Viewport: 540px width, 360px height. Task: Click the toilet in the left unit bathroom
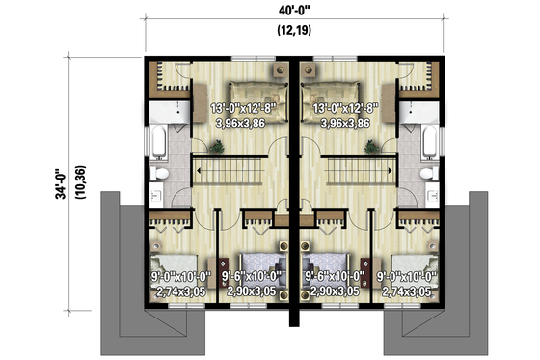[163, 174]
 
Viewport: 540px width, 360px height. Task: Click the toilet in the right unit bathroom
[426, 174]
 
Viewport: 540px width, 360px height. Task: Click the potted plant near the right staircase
[368, 146]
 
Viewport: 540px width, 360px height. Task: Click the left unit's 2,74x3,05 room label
[178, 290]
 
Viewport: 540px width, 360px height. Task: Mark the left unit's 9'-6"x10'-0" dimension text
[251, 275]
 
